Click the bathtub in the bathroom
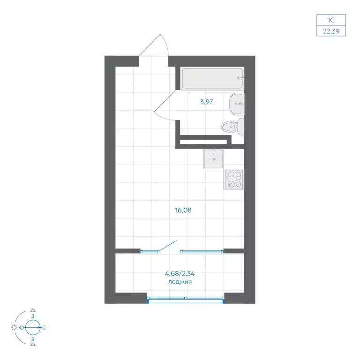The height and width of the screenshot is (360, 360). (x=212, y=79)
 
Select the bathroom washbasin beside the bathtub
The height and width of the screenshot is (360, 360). (x=236, y=104)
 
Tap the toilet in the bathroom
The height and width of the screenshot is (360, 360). (x=232, y=127)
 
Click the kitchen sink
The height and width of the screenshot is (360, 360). (x=214, y=159)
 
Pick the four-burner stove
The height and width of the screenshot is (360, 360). (x=234, y=180)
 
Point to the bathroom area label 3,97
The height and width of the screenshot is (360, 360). (x=207, y=102)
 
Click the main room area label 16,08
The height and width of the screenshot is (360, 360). (x=183, y=210)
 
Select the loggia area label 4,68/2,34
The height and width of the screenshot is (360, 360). (x=180, y=274)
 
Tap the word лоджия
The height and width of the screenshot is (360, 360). (x=180, y=282)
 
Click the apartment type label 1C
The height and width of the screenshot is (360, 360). (x=331, y=20)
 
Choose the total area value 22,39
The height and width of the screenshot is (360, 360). (x=331, y=31)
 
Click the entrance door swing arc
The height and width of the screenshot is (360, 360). (x=166, y=44)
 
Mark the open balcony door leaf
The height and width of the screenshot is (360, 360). (x=168, y=246)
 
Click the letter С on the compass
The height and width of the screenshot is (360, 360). (x=44, y=328)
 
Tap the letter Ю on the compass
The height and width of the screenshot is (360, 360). (x=21, y=328)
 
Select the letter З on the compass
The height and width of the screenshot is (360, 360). (x=33, y=316)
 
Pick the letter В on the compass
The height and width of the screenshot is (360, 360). (x=33, y=339)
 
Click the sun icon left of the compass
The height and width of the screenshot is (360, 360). (x=14, y=327)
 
